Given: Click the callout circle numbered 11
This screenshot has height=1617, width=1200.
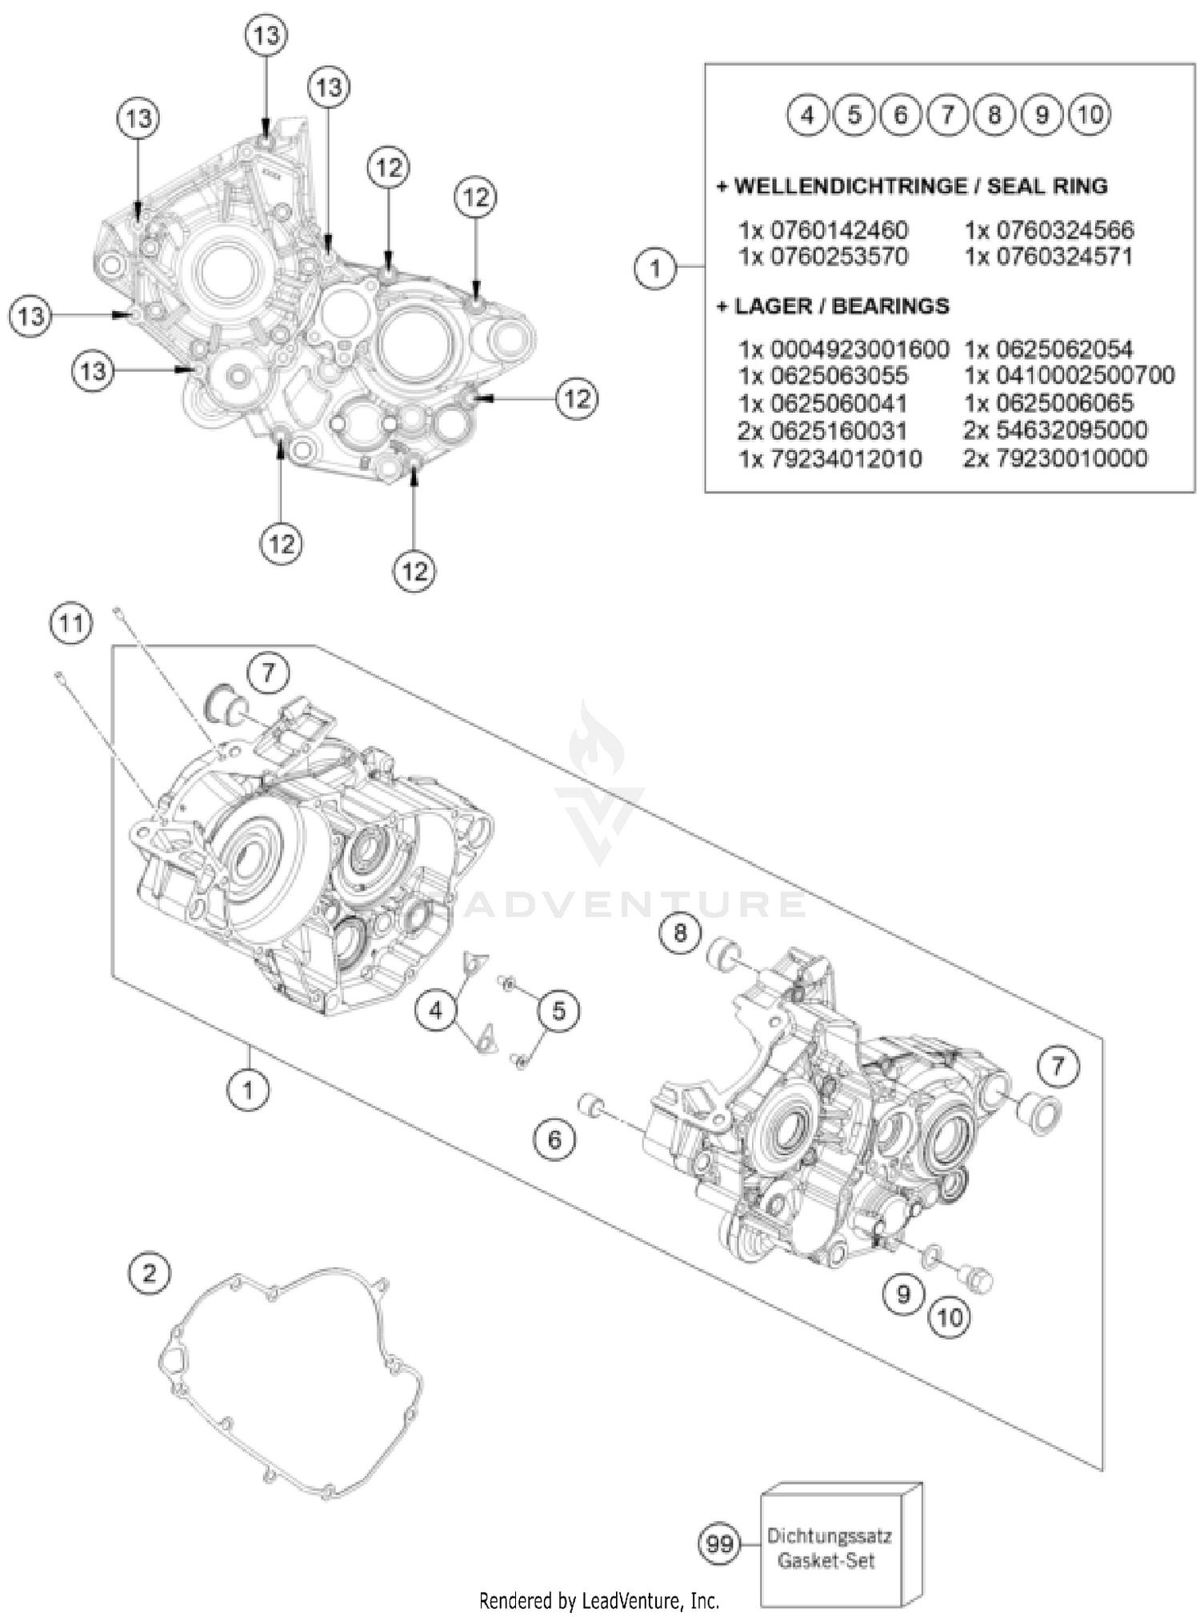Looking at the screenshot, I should pyautogui.click(x=71, y=623).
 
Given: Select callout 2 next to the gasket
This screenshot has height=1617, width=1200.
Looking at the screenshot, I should pyautogui.click(x=150, y=1272).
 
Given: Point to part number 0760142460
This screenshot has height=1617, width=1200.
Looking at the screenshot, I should pyautogui.click(x=823, y=231).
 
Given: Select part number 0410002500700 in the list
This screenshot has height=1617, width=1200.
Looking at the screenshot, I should pyautogui.click(x=1070, y=376).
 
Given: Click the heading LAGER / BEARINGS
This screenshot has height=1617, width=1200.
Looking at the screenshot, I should pyautogui.click(x=833, y=305).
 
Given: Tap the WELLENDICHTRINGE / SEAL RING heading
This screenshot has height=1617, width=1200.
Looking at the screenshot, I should pyautogui.click(x=912, y=186).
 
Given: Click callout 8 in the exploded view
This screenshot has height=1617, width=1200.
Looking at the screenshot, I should pyautogui.click(x=680, y=932).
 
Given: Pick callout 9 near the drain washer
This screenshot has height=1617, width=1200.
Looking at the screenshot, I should pyautogui.click(x=903, y=1293).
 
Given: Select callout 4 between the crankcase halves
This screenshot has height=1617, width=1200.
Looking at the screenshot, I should pyautogui.click(x=436, y=1010).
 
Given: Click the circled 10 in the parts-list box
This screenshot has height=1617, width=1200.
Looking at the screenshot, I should pyautogui.click(x=1090, y=114).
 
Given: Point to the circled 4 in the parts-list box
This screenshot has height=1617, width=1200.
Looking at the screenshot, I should pyautogui.click(x=807, y=114).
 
